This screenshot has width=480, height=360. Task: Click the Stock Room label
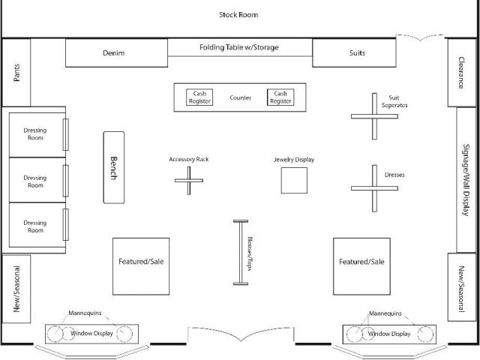pyautogui.click(x=238, y=14)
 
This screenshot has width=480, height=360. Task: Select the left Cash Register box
pyautogui.click(x=200, y=97)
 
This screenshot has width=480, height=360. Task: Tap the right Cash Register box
pyautogui.click(x=280, y=97)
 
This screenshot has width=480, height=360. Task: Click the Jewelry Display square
pyautogui.click(x=294, y=181)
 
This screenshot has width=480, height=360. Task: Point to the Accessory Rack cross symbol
pyautogui.click(x=189, y=180)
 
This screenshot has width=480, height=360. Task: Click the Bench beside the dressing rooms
pyautogui.click(x=113, y=166)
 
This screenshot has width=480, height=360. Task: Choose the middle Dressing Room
pyautogui.click(x=34, y=180)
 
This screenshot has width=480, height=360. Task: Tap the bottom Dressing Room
pyautogui.click(x=34, y=226)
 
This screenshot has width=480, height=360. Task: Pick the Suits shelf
pyautogui.click(x=354, y=53)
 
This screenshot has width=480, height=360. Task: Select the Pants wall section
pyautogui.click(x=16, y=73)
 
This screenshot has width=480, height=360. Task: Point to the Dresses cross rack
pyautogui.click(x=373, y=187)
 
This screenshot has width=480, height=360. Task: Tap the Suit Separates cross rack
pyautogui.click(x=374, y=115)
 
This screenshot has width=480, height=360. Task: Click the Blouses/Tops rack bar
pyautogui.click(x=241, y=253)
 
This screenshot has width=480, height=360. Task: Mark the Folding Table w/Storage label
pyautogui.click(x=239, y=48)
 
